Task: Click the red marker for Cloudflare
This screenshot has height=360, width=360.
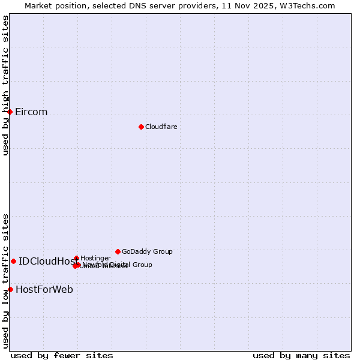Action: tap(141, 127)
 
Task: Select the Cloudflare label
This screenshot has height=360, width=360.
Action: tap(161, 127)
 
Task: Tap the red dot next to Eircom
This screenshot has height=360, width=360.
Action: tap(10, 112)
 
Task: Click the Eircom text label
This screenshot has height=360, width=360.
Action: tap(31, 112)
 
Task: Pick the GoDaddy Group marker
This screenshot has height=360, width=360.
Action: tap(118, 251)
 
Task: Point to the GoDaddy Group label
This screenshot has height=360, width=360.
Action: tap(147, 251)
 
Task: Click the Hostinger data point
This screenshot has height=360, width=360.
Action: tap(76, 258)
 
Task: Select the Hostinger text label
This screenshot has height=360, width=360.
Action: tap(95, 258)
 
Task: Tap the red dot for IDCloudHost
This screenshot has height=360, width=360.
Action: tap(13, 261)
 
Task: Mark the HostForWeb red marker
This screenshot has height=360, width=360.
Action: tap(10, 289)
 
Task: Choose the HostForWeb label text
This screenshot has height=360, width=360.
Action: tap(44, 290)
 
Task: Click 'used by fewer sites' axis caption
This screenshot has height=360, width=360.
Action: tap(62, 355)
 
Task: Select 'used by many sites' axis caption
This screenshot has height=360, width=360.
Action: tap(301, 355)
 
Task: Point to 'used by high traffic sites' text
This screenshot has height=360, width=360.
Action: tap(6, 85)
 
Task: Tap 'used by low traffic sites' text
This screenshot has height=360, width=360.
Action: tap(6, 280)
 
